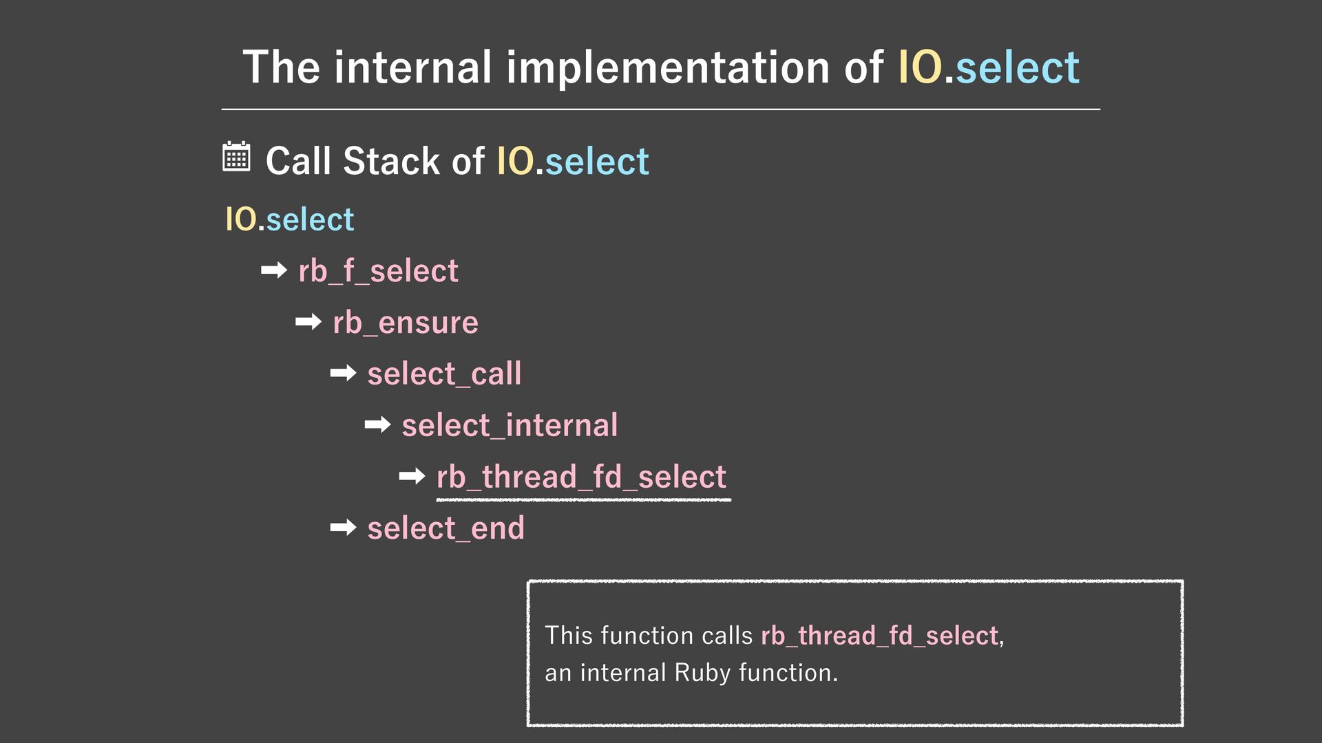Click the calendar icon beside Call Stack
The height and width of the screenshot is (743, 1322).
pyautogui.click(x=236, y=158)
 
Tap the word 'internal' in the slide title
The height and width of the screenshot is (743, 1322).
pyautogui.click(x=412, y=67)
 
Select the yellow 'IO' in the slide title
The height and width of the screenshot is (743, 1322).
pyautogui.click(x=920, y=67)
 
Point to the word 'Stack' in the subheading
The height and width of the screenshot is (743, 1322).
pyautogui.click(x=392, y=161)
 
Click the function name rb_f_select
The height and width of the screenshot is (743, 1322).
pyautogui.click(x=378, y=271)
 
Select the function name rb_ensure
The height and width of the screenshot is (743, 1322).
pyautogui.click(x=405, y=323)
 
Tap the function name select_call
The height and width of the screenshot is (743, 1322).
pyautogui.click(x=444, y=374)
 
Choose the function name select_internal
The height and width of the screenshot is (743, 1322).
pyautogui.click(x=510, y=426)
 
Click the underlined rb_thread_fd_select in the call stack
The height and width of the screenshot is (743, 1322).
pyautogui.click(x=581, y=477)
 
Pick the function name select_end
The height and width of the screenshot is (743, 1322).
pyautogui.click(x=445, y=529)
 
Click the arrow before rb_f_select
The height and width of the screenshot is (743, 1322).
pyautogui.click(x=274, y=270)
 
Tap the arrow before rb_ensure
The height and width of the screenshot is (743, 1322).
pyautogui.click(x=308, y=321)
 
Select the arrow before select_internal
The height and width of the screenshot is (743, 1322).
pyautogui.click(x=377, y=424)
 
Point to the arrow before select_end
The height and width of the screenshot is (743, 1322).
pyautogui.click(x=343, y=528)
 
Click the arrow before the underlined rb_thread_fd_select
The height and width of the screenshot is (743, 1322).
pyautogui.click(x=412, y=476)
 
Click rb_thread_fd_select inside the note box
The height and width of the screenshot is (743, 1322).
pyautogui.click(x=879, y=636)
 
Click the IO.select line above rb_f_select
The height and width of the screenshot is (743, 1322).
pyautogui.click(x=289, y=219)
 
